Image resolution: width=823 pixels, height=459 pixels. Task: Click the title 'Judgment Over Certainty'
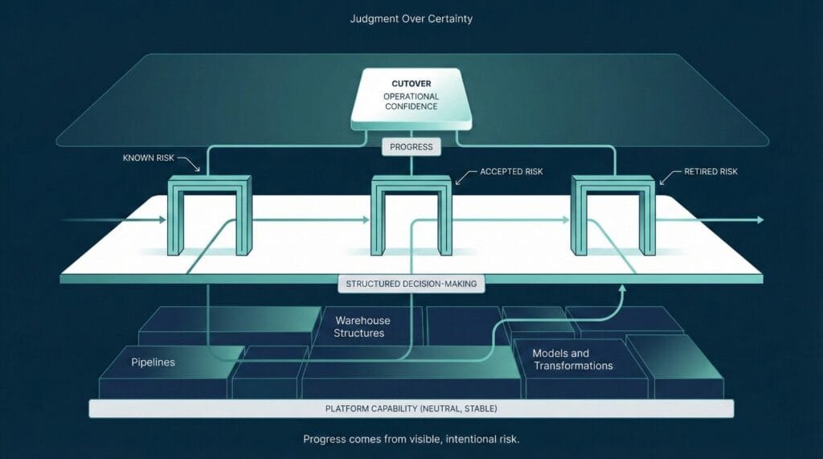pyautogui.click(x=411, y=18)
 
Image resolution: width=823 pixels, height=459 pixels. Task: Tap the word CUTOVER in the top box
pyautogui.click(x=411, y=82)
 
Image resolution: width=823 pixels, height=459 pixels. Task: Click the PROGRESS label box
pyautogui.click(x=411, y=146)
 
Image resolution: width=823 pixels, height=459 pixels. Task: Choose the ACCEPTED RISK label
pyautogui.click(x=512, y=172)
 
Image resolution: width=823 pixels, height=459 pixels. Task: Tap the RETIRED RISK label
pyautogui.click(x=710, y=172)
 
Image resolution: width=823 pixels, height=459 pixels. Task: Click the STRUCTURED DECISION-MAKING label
pyautogui.click(x=411, y=284)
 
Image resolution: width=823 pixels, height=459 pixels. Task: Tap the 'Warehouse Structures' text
pyautogui.click(x=359, y=326)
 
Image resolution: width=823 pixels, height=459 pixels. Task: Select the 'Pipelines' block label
pyautogui.click(x=153, y=363)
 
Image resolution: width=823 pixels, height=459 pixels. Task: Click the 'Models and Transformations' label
pyautogui.click(x=573, y=359)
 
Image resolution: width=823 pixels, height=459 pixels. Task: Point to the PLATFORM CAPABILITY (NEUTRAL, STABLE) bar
pyautogui.click(x=411, y=409)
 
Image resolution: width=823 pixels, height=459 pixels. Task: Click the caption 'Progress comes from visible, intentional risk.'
pyautogui.click(x=411, y=440)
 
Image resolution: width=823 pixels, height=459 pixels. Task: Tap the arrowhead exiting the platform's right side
pyautogui.click(x=758, y=219)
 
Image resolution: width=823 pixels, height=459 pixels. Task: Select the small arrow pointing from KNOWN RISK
pyautogui.click(x=194, y=167)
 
